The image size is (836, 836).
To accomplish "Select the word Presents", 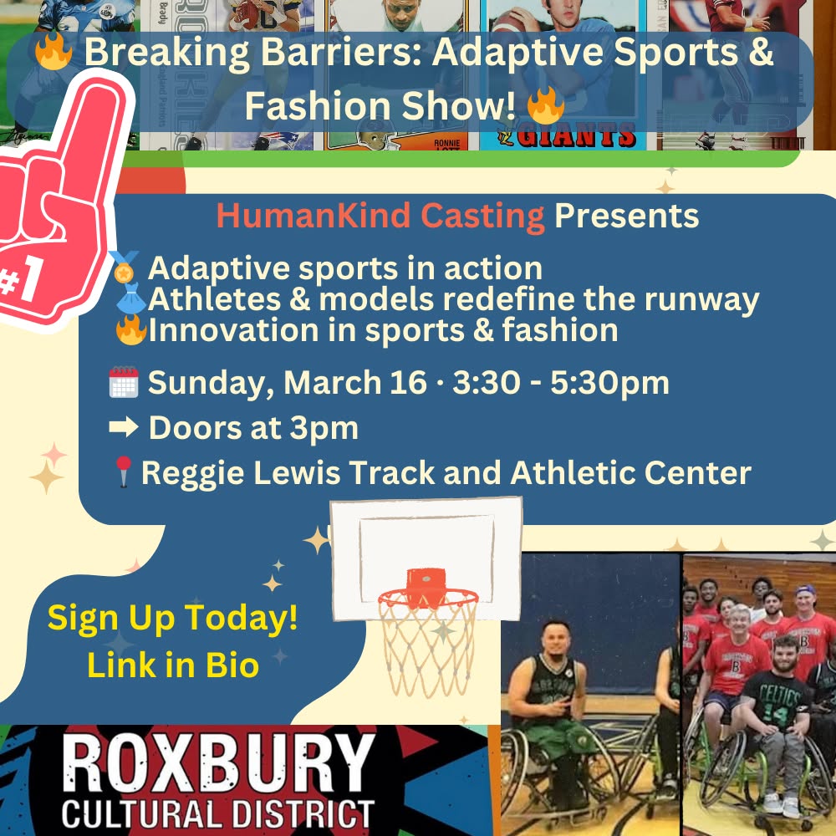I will pos(626,216).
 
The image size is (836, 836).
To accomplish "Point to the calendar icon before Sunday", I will pos(124,384).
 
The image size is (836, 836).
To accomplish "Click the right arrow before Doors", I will pos(123,428).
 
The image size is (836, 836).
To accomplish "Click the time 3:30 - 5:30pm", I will pos(560,383).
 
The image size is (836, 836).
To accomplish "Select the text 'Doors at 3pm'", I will pos(253,428).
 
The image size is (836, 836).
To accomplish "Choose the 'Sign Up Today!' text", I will pos(172,619).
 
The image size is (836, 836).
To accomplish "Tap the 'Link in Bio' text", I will pos(172,666).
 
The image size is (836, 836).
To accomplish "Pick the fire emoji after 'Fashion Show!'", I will pos(546,106).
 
